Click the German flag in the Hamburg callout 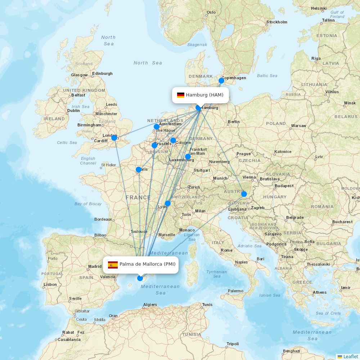click(x=180, y=95)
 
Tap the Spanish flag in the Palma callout click(x=113, y=265)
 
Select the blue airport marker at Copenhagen click(x=221, y=81)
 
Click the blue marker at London click(x=114, y=138)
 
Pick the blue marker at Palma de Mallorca click(x=140, y=278)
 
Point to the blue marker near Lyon click(x=168, y=203)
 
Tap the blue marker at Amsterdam click(x=157, y=127)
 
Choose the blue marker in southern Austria click(x=244, y=194)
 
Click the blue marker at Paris click(x=139, y=170)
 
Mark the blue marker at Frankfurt click(x=188, y=157)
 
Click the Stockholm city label click(x=277, y=22)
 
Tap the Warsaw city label click(x=298, y=126)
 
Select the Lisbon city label click(x=50, y=284)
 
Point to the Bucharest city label click(x=342, y=222)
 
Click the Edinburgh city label click(x=102, y=73)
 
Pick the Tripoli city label click(x=233, y=344)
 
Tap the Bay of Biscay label click(x=88, y=204)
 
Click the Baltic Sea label click(x=267, y=76)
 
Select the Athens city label click(x=320, y=292)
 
